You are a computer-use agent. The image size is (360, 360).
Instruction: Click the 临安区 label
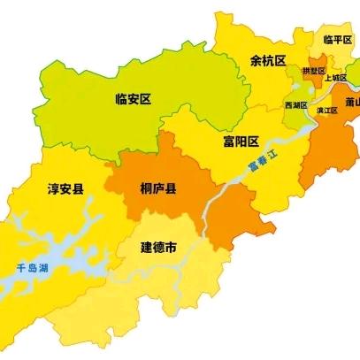point(134,100)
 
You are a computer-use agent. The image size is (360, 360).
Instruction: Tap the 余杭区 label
point(268,60)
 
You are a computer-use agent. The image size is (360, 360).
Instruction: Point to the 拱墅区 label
point(313,69)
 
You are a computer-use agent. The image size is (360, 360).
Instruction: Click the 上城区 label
point(334,78)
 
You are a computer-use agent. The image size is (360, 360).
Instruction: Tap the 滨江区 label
point(327,110)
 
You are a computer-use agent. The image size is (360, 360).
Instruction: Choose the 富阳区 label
point(241,141)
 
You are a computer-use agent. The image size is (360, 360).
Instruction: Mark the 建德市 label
point(160,249)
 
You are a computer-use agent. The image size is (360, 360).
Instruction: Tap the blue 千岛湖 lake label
point(33,267)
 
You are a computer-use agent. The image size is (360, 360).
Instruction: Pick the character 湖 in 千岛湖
point(44,267)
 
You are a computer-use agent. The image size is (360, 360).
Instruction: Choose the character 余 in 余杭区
point(256,60)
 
